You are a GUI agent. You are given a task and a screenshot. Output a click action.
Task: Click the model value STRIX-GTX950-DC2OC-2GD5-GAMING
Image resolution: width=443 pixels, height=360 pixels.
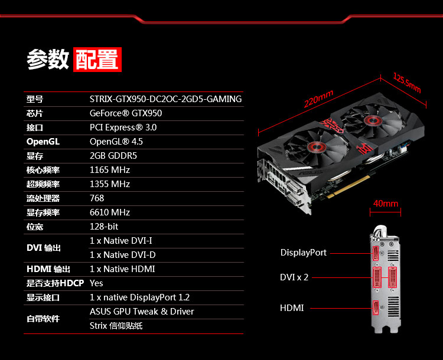[x=165, y=99]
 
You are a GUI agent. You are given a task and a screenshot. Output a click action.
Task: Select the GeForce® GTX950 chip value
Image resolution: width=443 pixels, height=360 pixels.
[x=126, y=113]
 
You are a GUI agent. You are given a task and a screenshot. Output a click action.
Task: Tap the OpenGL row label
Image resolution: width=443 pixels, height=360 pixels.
[x=43, y=142]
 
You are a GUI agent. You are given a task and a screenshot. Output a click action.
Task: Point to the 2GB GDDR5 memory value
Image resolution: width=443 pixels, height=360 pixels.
[x=113, y=156]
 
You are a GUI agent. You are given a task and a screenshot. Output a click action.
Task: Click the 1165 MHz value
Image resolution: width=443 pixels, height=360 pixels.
[x=110, y=170]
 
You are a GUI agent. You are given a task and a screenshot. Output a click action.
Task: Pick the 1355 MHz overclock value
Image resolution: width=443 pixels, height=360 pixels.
[x=110, y=184]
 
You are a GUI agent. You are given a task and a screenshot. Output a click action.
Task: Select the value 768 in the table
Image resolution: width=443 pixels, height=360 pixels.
[x=97, y=198]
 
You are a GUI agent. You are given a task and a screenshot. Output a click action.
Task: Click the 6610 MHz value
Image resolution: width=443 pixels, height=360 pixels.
[x=110, y=212]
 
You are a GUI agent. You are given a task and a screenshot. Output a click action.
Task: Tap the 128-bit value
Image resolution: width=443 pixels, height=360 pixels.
[x=104, y=227]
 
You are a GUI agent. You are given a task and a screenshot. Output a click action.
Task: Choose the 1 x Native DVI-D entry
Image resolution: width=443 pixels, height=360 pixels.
[x=123, y=255]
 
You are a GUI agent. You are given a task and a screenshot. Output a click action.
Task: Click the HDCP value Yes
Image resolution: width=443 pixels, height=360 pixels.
[x=96, y=283]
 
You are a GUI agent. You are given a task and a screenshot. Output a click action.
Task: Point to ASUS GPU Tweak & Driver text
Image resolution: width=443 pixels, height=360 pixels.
[x=142, y=312]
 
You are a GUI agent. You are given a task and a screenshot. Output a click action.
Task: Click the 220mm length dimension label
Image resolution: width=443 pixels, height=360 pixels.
[x=319, y=99]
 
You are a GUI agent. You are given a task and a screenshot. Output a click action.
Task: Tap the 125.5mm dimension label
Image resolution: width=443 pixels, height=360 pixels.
[x=407, y=83]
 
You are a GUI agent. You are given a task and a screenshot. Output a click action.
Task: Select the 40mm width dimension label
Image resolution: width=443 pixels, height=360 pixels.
[x=386, y=203]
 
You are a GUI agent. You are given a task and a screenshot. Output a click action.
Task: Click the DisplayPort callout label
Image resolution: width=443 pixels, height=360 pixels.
[x=304, y=253]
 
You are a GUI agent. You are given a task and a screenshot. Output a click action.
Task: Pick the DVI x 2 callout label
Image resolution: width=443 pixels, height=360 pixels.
[x=294, y=277]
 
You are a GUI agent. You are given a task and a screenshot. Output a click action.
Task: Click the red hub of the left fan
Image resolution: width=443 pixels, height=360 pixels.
[x=317, y=146]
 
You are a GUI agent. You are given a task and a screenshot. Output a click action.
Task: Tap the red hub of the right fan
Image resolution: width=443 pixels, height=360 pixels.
[x=373, y=121]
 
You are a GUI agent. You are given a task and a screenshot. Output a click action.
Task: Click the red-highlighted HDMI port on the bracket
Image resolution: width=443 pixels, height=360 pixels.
[x=376, y=307]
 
